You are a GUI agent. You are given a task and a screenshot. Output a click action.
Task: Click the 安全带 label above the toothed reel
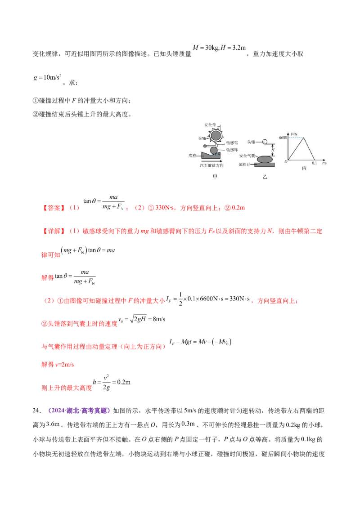click(x=211, y=124)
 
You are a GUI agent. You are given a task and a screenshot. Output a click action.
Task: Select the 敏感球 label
click(x=233, y=149)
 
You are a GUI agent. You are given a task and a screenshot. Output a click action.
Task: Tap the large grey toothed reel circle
click(x=216, y=135)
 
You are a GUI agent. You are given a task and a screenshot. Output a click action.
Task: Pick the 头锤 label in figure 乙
click(x=251, y=142)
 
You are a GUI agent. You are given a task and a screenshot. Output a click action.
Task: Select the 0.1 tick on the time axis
click(x=314, y=163)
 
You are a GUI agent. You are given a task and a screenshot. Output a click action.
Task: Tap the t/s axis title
click(x=324, y=163)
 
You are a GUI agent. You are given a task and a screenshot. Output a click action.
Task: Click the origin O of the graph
click(x=286, y=161)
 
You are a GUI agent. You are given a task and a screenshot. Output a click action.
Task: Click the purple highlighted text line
click(x=79, y=411)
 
